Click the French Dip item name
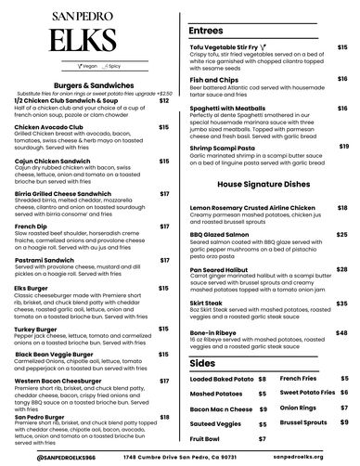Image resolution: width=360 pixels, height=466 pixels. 30,226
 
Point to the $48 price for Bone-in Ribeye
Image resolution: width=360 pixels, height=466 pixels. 341,304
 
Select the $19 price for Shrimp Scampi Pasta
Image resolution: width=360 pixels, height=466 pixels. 343,146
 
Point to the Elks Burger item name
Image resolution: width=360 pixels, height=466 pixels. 32,288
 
